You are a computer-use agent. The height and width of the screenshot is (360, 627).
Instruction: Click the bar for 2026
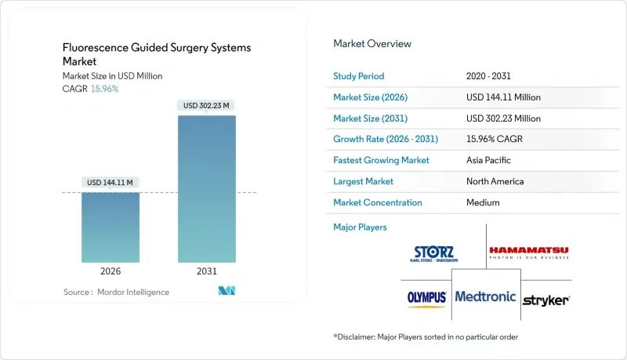(x=111, y=227)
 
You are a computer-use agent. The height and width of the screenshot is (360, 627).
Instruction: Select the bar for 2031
(x=207, y=188)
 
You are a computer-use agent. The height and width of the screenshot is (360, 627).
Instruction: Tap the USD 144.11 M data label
(x=111, y=182)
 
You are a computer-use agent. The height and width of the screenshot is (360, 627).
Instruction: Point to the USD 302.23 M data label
(x=207, y=105)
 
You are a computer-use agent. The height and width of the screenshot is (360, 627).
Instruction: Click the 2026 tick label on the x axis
(x=111, y=271)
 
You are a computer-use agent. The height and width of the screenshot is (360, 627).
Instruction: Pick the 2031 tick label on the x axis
(x=207, y=271)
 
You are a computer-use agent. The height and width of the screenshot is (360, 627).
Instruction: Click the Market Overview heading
(x=372, y=43)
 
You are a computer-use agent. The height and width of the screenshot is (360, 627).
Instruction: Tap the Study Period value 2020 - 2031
(x=488, y=76)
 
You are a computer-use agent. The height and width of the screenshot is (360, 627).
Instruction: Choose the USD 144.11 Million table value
(x=502, y=97)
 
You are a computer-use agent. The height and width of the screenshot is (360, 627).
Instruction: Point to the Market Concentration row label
(x=378, y=202)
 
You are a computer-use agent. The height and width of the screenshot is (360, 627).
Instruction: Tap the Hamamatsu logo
(x=529, y=253)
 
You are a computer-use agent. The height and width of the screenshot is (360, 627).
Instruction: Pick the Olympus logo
(x=427, y=298)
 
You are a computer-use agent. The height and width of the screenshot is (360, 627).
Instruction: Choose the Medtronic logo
(x=486, y=297)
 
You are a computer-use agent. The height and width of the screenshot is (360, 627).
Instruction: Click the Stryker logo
(x=545, y=300)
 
